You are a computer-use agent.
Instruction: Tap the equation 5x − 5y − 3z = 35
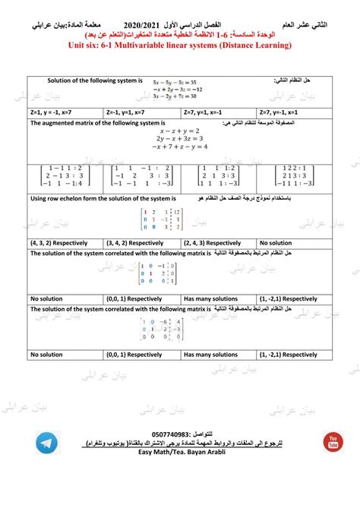[174, 81]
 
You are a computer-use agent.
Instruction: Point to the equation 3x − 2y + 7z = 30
[174, 96]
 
